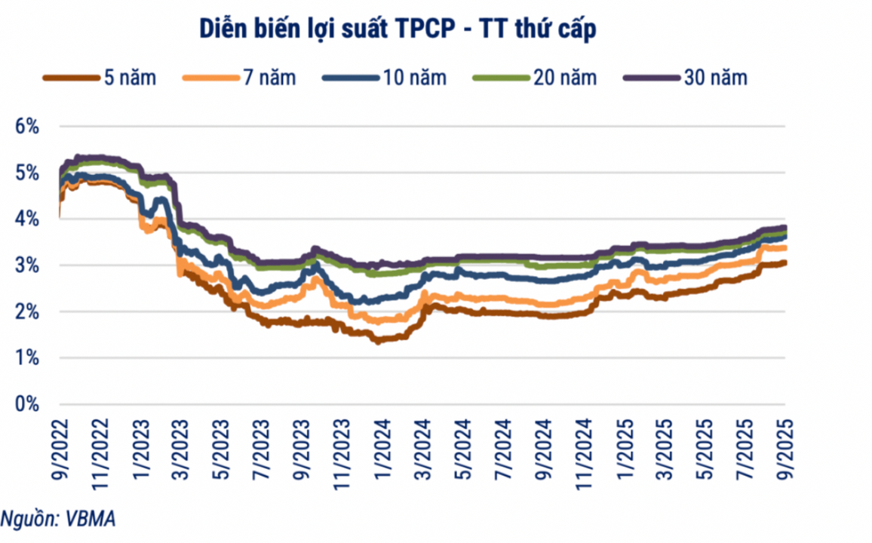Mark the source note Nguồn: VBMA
tap(59, 519)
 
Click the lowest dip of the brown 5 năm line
tap(376, 341)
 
